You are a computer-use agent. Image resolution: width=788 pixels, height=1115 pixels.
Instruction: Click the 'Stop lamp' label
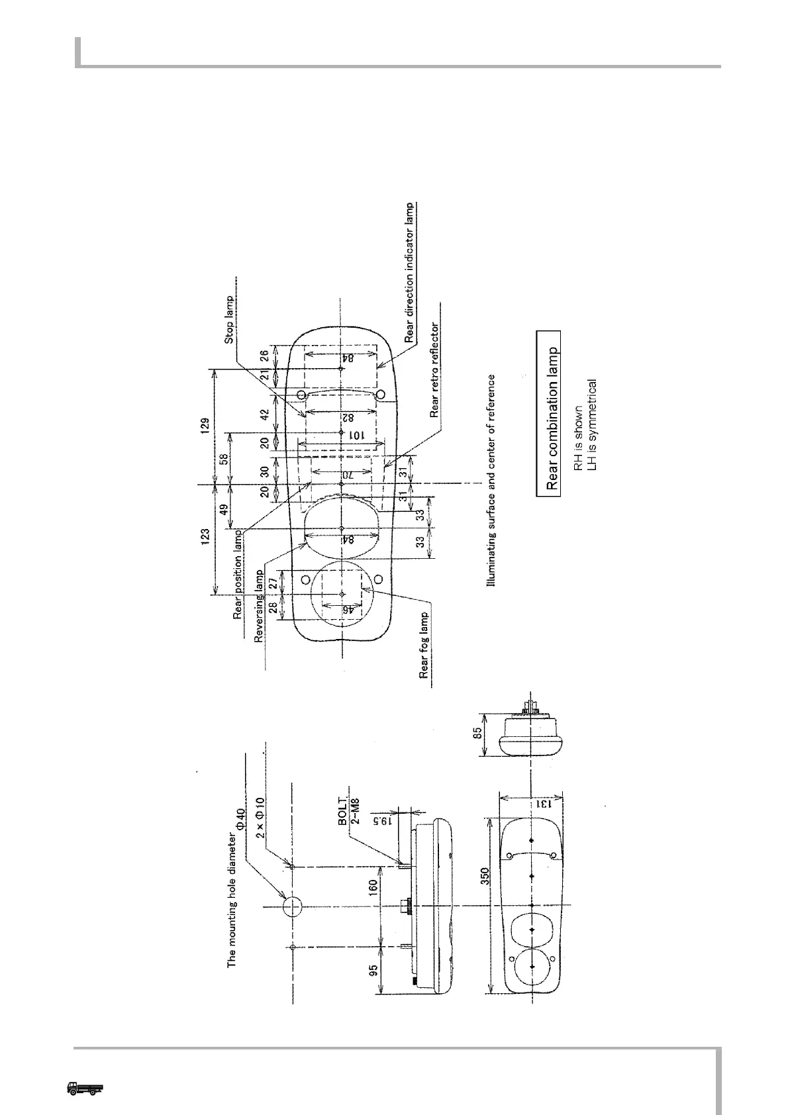click(x=230, y=319)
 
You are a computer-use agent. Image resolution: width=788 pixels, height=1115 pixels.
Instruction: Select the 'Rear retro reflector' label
click(x=435, y=370)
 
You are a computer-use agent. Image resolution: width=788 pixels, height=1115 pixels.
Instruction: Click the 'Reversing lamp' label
click(x=260, y=606)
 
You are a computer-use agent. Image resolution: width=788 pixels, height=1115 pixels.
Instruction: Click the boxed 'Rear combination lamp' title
click(x=548, y=413)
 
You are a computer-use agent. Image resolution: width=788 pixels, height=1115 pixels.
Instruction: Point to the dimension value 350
click(x=485, y=876)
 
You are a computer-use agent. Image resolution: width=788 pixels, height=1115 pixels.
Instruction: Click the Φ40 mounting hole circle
click(x=292, y=907)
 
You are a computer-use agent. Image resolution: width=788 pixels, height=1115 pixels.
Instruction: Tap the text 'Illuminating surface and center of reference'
click(x=491, y=481)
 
